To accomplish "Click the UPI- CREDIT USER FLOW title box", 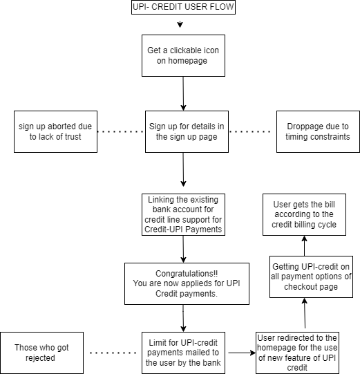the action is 183,8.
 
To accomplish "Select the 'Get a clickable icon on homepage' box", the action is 183,55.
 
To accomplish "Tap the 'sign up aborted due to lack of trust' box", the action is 55,131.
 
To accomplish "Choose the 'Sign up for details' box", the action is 187,131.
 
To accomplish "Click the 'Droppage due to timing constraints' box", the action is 318,131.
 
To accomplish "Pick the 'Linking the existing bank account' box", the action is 183,214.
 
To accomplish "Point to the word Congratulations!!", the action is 187,273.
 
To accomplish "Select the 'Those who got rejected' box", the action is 41,353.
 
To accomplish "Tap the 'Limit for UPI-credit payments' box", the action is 183,353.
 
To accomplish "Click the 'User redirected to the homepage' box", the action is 297,353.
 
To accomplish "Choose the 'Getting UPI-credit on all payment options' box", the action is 311,277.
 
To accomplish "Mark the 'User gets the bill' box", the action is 304,214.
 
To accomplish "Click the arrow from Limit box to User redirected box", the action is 242,353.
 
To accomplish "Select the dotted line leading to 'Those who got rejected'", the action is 113,353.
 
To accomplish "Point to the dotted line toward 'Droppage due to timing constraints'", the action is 249,131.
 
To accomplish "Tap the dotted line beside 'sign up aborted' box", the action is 121,131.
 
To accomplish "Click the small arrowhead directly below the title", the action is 180,24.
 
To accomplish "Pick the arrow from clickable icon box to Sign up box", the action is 183,93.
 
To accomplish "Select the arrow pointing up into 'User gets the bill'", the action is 304,245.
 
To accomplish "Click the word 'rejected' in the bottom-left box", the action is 40,358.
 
